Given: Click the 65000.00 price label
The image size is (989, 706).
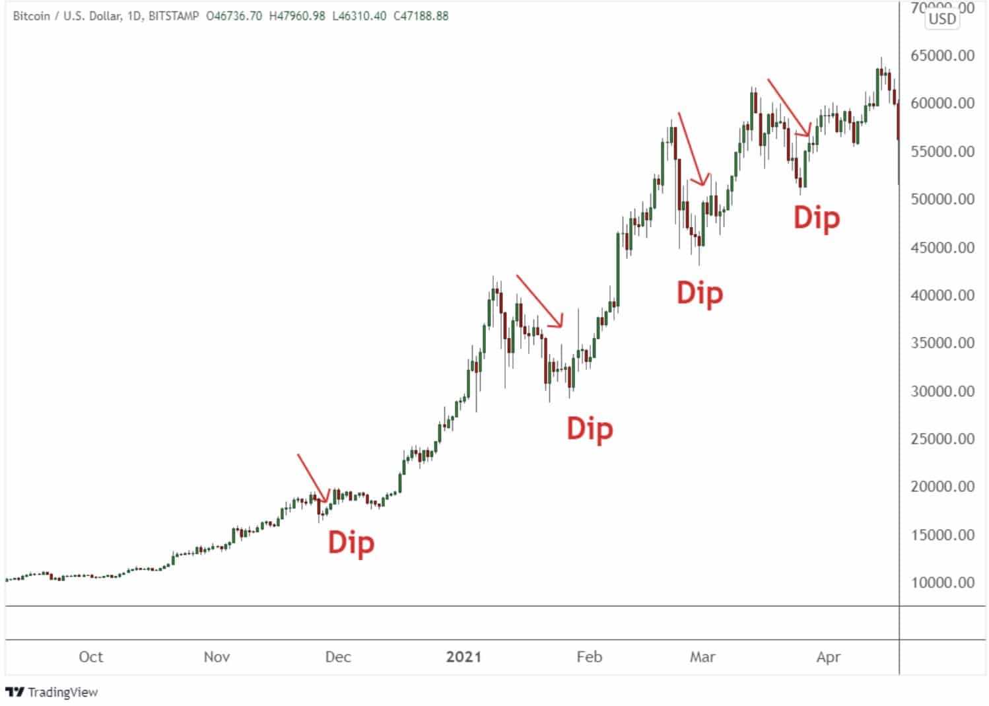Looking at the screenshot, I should pos(942,55).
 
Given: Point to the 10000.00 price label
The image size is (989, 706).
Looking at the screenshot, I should pos(942,582).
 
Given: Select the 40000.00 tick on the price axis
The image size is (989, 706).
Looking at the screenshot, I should pos(942,295).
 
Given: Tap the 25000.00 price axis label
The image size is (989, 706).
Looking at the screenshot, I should pos(942,439).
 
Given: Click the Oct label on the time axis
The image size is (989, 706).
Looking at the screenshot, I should pos(90,656).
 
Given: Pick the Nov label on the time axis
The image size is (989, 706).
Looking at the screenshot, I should pos(217,656).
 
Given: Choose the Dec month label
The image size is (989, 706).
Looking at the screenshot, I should pos(338,656).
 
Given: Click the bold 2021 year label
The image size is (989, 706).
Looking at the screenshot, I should pos(463,656).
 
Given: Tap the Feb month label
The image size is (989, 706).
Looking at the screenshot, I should pos(589,656).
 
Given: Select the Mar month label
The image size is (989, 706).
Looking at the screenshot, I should pos(702,656).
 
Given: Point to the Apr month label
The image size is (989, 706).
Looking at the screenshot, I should pos(828,656).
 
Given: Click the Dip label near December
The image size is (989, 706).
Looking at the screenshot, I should pos(351,543).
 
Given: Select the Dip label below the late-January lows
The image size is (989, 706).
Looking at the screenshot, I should pos(590,429).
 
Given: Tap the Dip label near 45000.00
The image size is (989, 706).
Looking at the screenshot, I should pos(700,293).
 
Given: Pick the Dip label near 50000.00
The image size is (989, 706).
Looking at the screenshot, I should pos(816,218).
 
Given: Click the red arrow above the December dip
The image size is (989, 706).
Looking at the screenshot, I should pos(313,477).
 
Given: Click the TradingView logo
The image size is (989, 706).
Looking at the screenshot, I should pos(51,691).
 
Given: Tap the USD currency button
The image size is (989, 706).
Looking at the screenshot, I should pos(942,18).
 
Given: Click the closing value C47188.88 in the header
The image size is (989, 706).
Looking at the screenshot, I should pos(421,16).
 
